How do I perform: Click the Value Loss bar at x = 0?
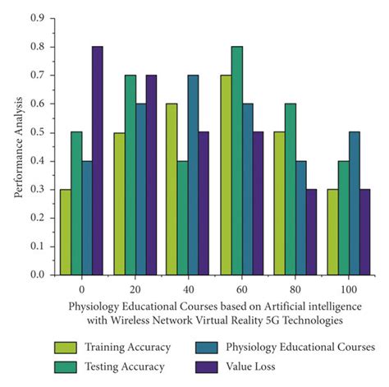(97, 161)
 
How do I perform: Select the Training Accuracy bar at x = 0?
(65, 233)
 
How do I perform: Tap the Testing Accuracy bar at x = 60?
(237, 161)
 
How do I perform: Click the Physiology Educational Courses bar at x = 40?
(193, 175)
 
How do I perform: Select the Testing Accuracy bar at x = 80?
(291, 189)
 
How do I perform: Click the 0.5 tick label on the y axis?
(39, 132)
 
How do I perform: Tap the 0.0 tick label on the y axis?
(39, 275)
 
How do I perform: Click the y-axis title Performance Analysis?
(18, 146)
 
